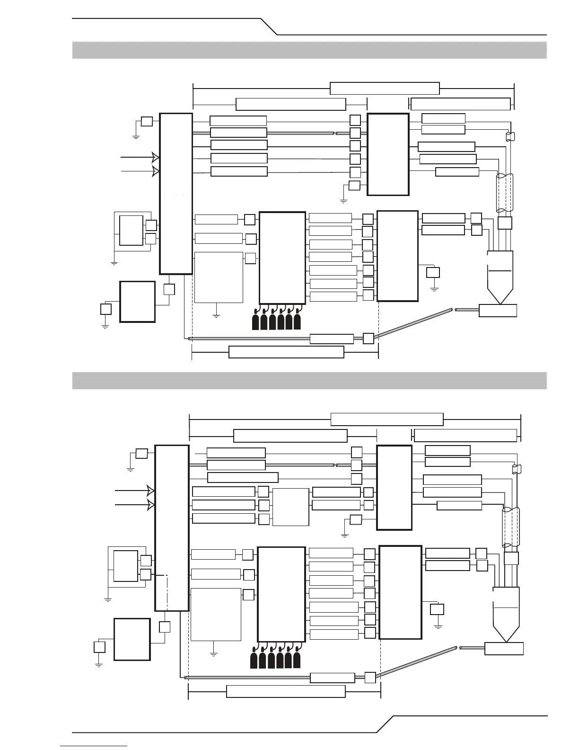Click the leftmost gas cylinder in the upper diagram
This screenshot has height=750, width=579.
(x=255, y=321)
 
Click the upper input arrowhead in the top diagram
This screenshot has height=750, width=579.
(x=155, y=156)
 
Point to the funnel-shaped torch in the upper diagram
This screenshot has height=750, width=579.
(x=500, y=277)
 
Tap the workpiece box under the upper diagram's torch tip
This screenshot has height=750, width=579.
(x=498, y=311)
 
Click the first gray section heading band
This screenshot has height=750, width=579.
(x=309, y=50)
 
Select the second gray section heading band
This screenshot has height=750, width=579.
(x=309, y=381)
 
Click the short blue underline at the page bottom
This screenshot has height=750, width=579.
(x=94, y=746)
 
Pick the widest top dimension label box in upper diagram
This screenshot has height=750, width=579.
(x=385, y=89)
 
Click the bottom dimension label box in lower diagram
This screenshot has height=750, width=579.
(x=286, y=691)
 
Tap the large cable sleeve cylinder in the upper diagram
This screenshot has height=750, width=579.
(x=504, y=193)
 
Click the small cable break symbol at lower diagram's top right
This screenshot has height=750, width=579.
(x=517, y=469)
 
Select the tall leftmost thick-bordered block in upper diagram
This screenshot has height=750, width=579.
(x=176, y=194)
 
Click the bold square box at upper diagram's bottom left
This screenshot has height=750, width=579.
(x=137, y=302)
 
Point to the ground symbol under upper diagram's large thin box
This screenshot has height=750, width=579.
(x=216, y=314)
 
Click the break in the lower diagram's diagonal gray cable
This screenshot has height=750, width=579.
(x=457, y=647)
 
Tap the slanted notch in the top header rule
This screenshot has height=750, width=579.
(x=269, y=27)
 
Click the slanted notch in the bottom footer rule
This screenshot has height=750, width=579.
(x=384, y=724)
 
